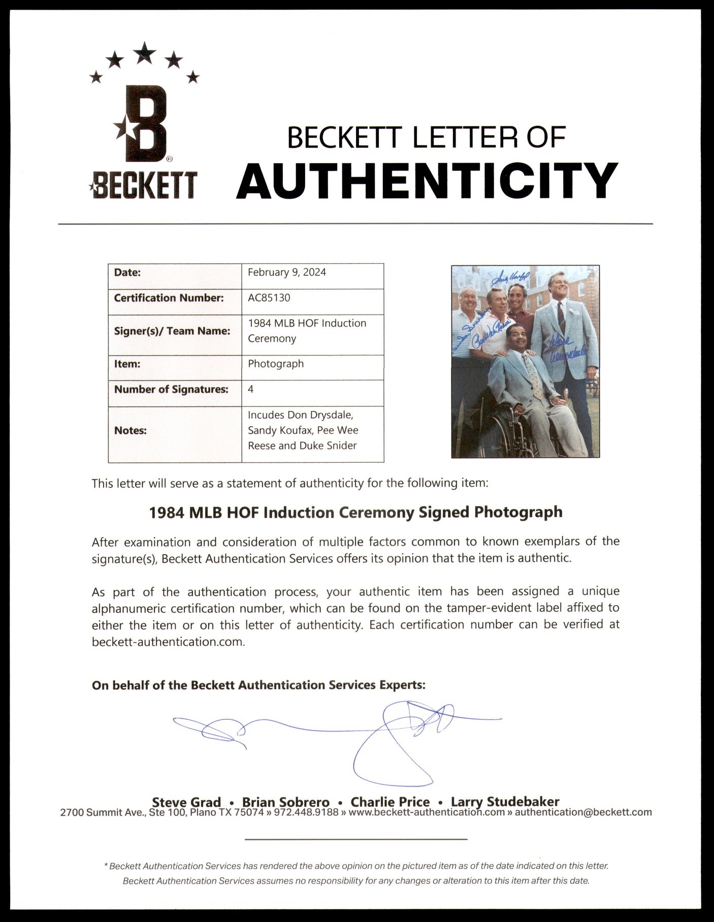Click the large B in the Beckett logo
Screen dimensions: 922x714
tap(145, 124)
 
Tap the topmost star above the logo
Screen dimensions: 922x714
tap(145, 52)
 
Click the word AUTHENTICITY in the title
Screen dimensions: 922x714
tap(427, 181)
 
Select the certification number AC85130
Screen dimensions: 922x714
tap(269, 298)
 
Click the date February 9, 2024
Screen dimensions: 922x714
tap(287, 272)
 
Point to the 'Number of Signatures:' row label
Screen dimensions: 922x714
tap(171, 390)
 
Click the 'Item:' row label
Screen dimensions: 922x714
tap(127, 364)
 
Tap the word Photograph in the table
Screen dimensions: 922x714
tap(276, 364)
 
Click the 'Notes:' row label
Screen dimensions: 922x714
tap(131, 431)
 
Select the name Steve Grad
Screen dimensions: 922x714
tap(186, 802)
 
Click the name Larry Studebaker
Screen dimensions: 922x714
tap(505, 802)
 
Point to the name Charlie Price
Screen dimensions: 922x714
tap(390, 802)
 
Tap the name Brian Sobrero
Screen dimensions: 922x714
tap(285, 802)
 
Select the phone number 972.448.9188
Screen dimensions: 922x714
tap(306, 812)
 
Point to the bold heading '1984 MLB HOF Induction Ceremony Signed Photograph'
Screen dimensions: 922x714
tap(355, 512)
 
